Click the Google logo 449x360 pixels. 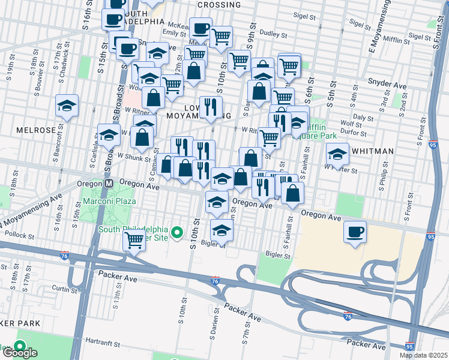tap(20, 353)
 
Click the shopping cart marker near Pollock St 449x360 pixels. tap(134, 241)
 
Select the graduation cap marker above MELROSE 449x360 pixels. tap(67, 106)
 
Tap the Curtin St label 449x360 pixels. tap(61, 288)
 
